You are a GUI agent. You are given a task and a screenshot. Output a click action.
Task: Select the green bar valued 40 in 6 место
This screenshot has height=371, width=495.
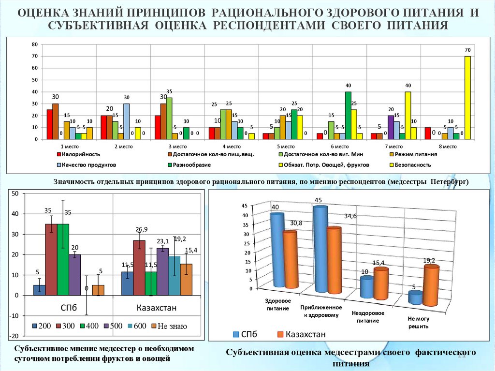click(x=348, y=115)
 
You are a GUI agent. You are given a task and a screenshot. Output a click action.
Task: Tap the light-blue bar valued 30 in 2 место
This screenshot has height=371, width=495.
click(x=126, y=121)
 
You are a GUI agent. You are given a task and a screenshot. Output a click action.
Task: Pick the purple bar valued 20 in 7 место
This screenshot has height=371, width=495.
click(x=391, y=127)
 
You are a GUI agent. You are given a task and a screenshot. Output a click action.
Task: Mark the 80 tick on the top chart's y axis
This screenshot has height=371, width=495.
click(x=34, y=45)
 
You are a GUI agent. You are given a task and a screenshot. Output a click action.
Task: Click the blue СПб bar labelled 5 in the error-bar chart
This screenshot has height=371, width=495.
click(x=40, y=290)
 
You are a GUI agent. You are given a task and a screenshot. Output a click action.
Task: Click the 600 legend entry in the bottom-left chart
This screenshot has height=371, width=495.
click(x=137, y=326)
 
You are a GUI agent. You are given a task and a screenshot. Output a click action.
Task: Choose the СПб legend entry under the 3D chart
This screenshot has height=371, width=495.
click(x=248, y=334)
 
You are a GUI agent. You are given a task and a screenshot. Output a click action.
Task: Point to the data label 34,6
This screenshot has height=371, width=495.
click(x=349, y=216)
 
